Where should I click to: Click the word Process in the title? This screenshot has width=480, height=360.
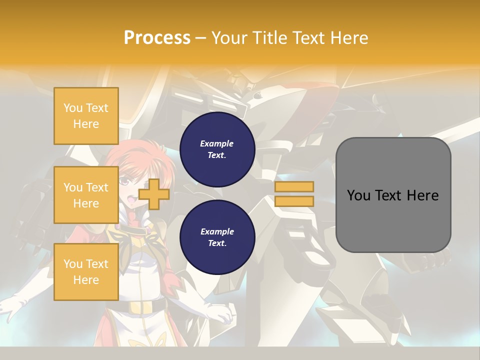tap(157, 38)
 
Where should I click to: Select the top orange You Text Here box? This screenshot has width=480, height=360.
tap(86, 116)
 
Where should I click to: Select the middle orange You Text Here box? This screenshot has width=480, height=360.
tap(86, 195)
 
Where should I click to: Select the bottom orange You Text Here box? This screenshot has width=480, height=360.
tap(86, 271)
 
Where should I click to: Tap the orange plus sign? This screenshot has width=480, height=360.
tap(154, 194)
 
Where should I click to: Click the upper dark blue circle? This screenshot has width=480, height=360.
tap(217, 149)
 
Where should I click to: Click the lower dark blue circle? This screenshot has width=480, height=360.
tap(217, 237)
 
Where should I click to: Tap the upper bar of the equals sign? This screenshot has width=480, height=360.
tap(294, 186)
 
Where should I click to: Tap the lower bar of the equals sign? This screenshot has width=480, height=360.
tap(294, 201)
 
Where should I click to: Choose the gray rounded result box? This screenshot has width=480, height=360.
tap(393, 194)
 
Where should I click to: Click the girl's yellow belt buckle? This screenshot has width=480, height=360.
tap(135, 306)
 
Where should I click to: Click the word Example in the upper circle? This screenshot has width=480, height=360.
tap(217, 143)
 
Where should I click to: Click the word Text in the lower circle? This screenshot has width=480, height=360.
tap(216, 243)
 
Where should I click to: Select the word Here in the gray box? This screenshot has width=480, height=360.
tap(422, 195)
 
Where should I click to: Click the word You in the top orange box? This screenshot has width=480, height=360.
tap(72, 108)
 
